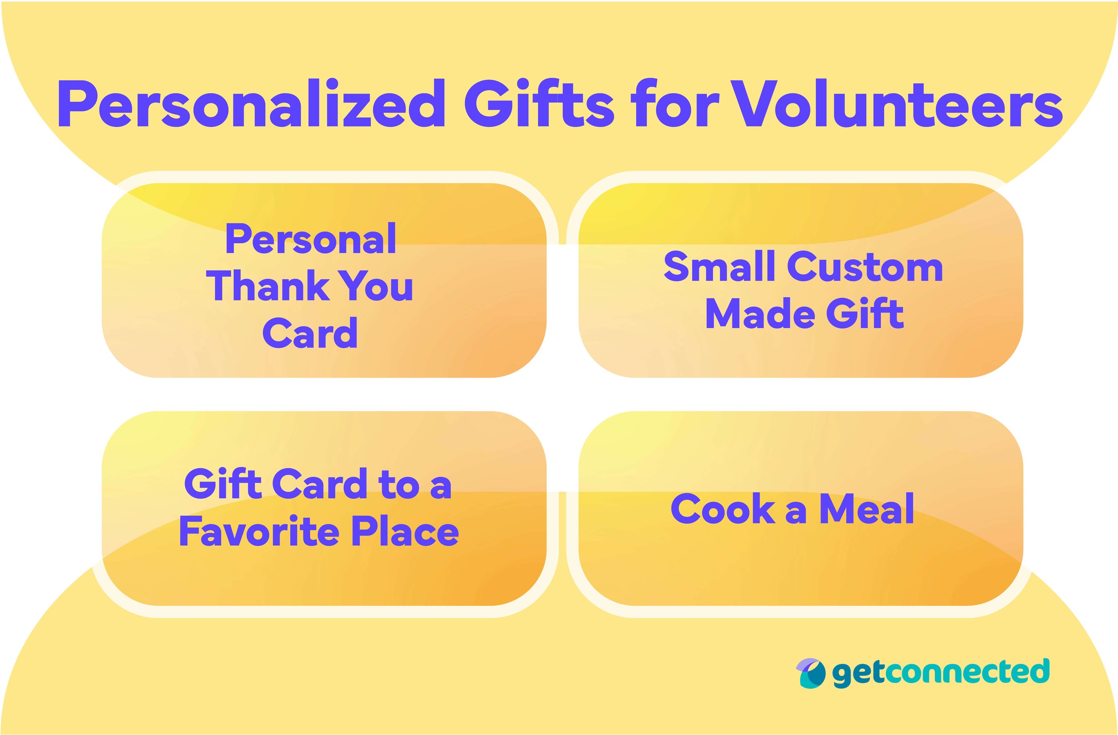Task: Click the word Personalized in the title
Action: (x=251, y=104)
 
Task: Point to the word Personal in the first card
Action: (x=311, y=240)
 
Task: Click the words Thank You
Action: (x=309, y=286)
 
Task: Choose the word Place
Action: (x=406, y=532)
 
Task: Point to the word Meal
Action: (x=867, y=509)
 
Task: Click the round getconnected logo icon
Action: (x=810, y=672)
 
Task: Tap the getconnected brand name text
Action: (x=941, y=672)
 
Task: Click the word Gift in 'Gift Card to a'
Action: (x=223, y=484)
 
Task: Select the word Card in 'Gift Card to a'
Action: (x=319, y=484)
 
